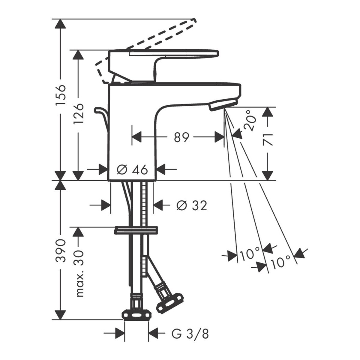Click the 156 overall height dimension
[x=61, y=95]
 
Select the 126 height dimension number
[x=78, y=114]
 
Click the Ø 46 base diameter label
[x=133, y=169]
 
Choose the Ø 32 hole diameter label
[x=192, y=205]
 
